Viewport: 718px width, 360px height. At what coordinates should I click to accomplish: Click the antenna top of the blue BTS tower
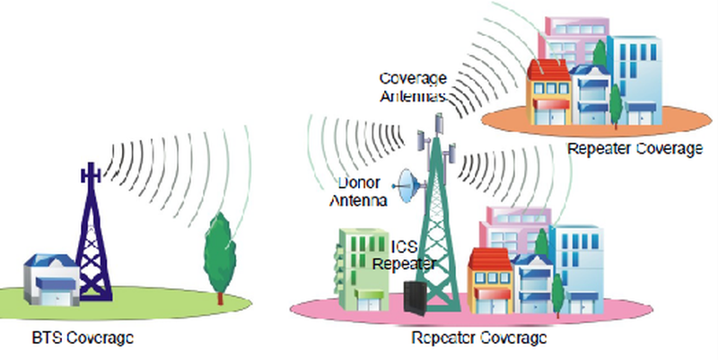coord(89,172)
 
